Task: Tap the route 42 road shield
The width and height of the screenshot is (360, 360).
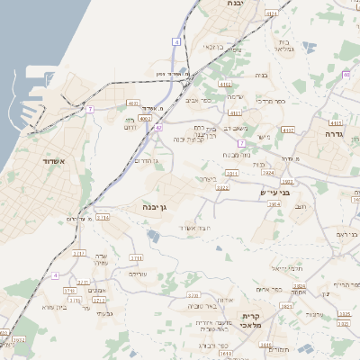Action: click(x=158, y=128)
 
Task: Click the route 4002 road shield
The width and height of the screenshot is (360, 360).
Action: click(x=146, y=118)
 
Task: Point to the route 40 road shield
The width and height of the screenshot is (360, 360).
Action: click(x=346, y=75)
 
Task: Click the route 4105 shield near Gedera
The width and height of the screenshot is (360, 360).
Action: click(x=336, y=122)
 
